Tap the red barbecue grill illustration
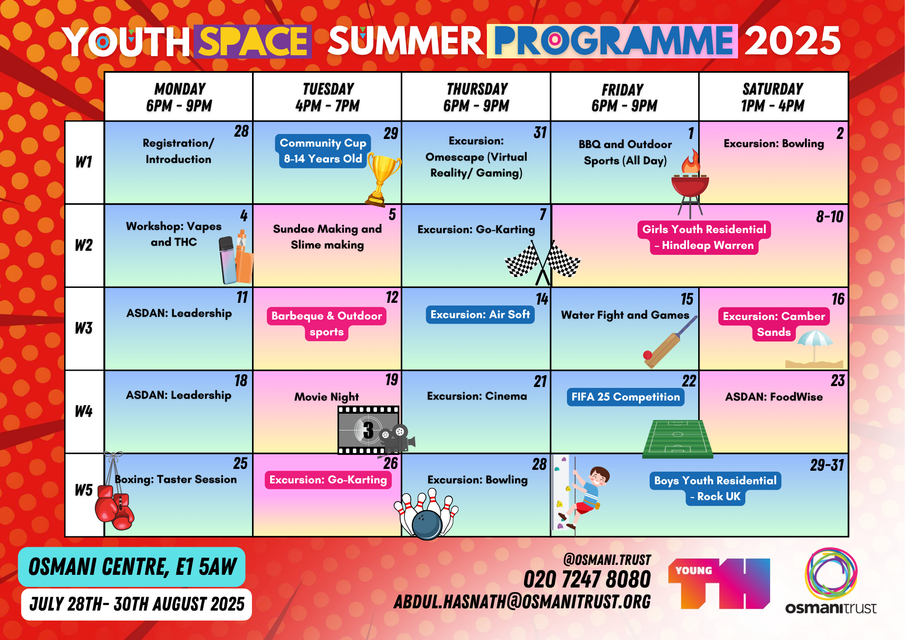pos(690,183)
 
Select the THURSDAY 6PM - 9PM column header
pos(476,97)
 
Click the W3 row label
pos(84,328)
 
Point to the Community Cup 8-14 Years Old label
pos(323,151)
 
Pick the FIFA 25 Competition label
pos(625,397)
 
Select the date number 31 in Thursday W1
pos(540,133)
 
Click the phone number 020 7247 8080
pos(587,580)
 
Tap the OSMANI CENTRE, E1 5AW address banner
pos(132,567)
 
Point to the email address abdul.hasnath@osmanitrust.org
pos(522,602)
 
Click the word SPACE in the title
pos(253,42)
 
